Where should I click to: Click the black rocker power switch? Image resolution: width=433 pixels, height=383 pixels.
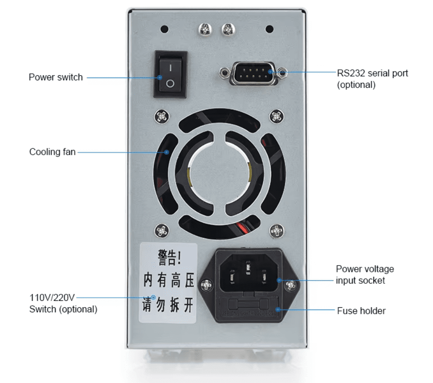[x=170, y=74]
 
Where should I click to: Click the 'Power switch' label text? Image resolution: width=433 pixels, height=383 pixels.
[x=56, y=77]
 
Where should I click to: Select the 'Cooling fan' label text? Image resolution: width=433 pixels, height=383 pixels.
[x=52, y=152]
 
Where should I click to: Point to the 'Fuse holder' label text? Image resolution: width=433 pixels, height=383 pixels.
[x=361, y=311]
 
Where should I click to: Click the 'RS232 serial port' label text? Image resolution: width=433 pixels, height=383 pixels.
[x=372, y=73]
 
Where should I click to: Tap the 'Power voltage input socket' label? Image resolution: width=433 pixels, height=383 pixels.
[x=365, y=275]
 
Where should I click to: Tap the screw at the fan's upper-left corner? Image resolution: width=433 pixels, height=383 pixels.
[x=161, y=116]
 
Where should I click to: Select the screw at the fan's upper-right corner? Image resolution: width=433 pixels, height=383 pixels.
[x=276, y=116]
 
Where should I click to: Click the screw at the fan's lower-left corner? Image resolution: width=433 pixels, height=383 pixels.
[x=161, y=230]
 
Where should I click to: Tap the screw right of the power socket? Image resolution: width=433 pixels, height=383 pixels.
[x=291, y=286]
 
